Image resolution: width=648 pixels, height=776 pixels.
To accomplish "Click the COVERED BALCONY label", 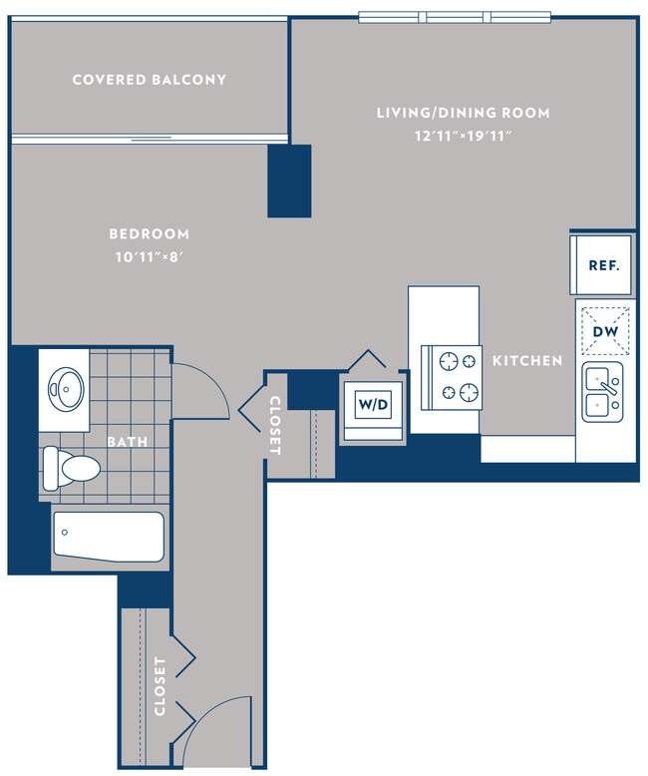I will coord(150,80).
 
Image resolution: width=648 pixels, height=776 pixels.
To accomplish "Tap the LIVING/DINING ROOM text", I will coord(463,113).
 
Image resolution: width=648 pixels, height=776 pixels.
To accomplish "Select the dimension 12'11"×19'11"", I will coord(464,137).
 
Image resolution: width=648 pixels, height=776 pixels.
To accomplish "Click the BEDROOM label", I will coord(150,234).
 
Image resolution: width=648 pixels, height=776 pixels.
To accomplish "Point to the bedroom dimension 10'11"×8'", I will coord(150,258).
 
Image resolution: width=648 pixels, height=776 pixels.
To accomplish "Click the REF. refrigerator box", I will coord(603,265).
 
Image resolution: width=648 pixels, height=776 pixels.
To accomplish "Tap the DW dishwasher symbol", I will coord(604,330).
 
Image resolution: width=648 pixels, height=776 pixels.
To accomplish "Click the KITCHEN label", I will coord(527,360).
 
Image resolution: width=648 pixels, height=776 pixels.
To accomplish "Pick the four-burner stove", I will coord(454,376).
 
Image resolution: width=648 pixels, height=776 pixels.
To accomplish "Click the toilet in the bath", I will coord(71,466).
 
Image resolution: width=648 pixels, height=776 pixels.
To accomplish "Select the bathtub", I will coord(108,538).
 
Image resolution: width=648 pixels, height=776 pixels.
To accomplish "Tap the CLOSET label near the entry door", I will coord(160,687).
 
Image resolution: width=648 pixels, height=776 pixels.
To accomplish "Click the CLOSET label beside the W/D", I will coord(275,426).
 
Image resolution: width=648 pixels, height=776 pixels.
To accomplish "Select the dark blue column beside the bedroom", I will coord(289,181).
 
